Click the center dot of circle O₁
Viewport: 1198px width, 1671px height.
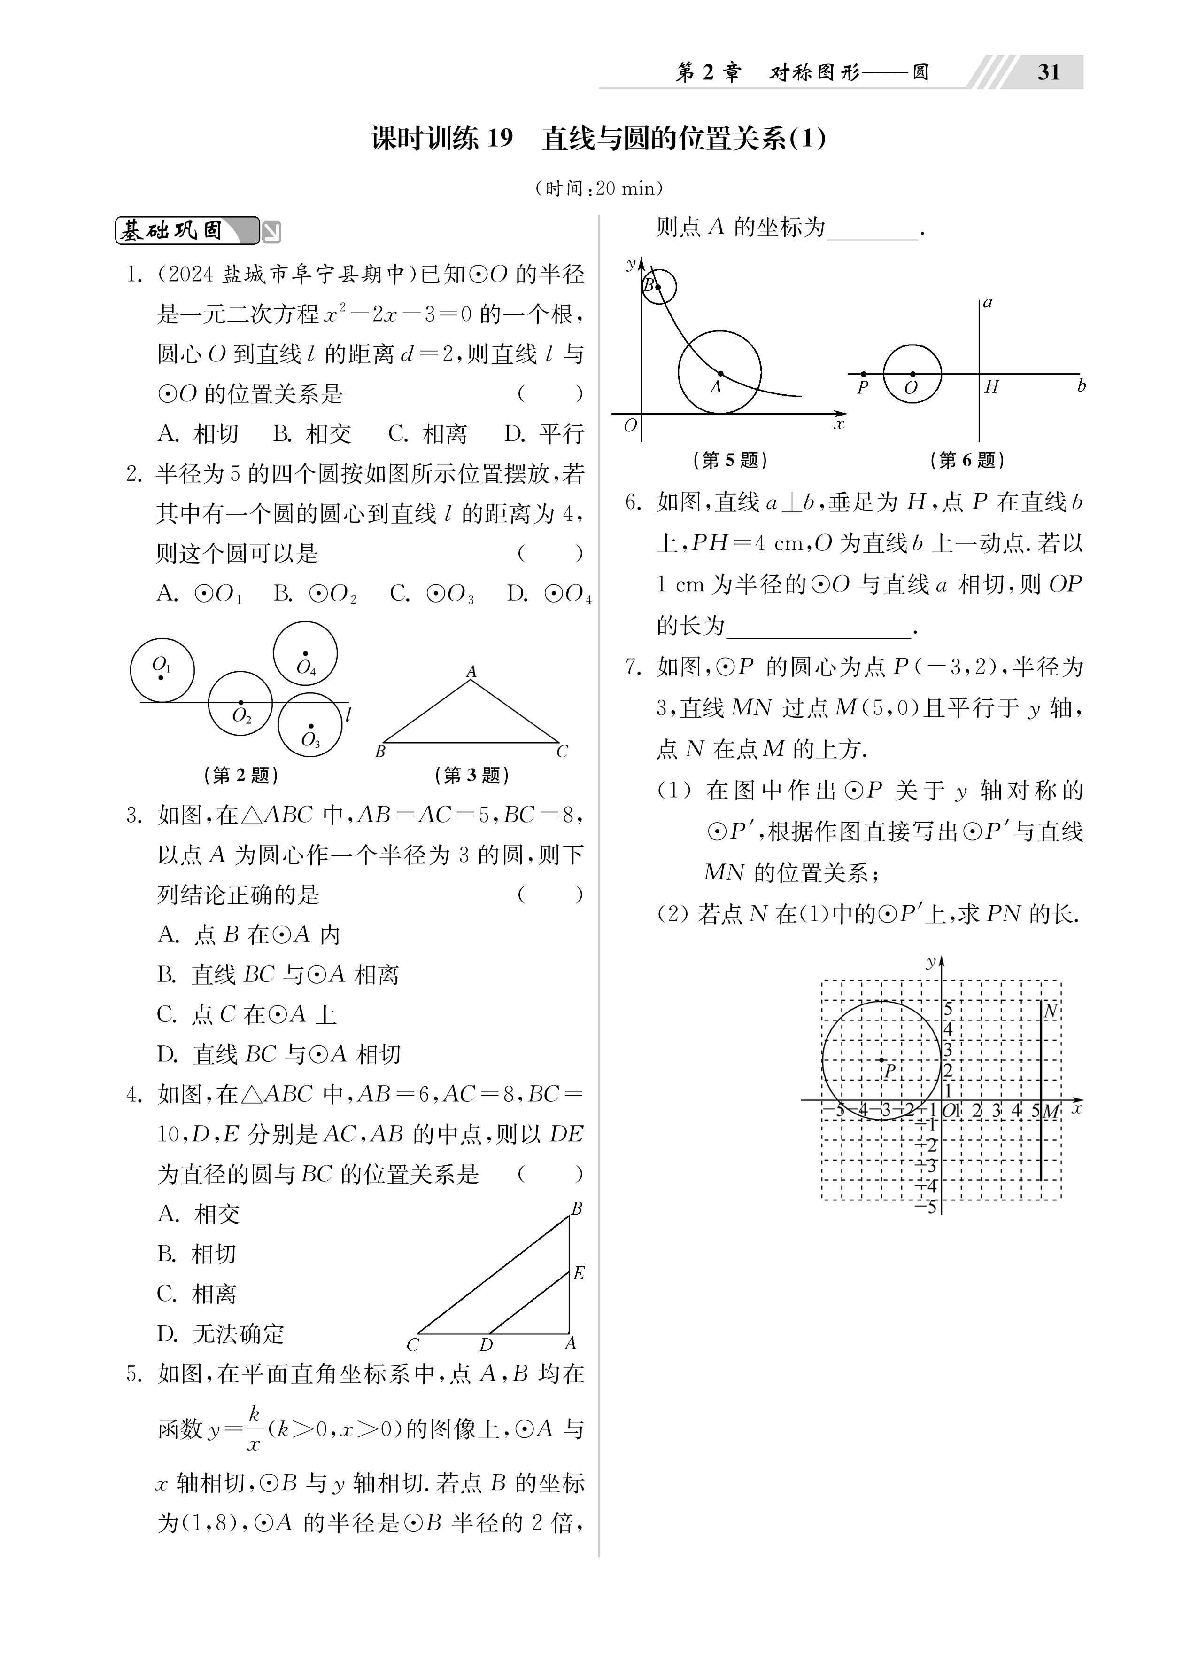coord(161,677)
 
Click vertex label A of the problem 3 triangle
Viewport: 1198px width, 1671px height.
coord(471,671)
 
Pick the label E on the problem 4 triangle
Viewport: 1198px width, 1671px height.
coord(579,1273)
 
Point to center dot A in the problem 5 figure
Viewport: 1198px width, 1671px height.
coord(720,374)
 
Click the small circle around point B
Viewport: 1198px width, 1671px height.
coord(659,287)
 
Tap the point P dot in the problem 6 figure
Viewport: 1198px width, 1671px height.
coord(863,374)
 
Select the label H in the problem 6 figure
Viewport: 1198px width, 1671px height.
coord(991,387)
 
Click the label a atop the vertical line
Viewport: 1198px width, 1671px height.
coord(988,303)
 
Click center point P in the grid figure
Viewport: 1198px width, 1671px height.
coord(881,1059)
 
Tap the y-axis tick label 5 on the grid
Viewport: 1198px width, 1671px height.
coord(948,1009)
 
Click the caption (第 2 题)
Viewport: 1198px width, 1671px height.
coord(241,775)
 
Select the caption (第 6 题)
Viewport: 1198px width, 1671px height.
coord(967,461)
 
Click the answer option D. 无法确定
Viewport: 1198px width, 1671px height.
coord(220,1333)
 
